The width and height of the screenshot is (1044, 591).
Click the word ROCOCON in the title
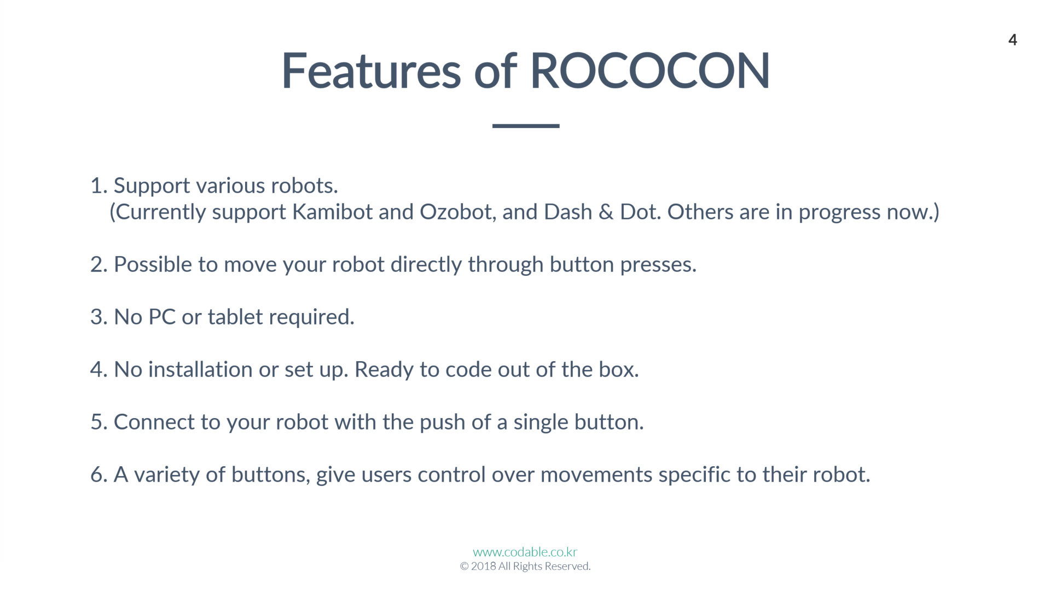click(x=650, y=71)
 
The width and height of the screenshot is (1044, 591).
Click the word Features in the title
click(x=371, y=71)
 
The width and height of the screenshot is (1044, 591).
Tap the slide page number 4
click(x=1012, y=40)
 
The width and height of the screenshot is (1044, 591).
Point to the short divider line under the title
click(x=525, y=126)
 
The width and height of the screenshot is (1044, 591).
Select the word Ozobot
click(x=457, y=212)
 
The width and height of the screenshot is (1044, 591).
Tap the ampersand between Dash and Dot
click(x=606, y=212)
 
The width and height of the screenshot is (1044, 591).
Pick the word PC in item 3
click(x=162, y=317)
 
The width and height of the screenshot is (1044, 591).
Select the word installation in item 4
click(x=200, y=369)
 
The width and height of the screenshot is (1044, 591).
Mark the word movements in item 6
click(x=596, y=474)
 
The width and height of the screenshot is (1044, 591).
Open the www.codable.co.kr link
click(x=525, y=552)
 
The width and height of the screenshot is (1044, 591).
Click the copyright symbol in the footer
click(x=464, y=566)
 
